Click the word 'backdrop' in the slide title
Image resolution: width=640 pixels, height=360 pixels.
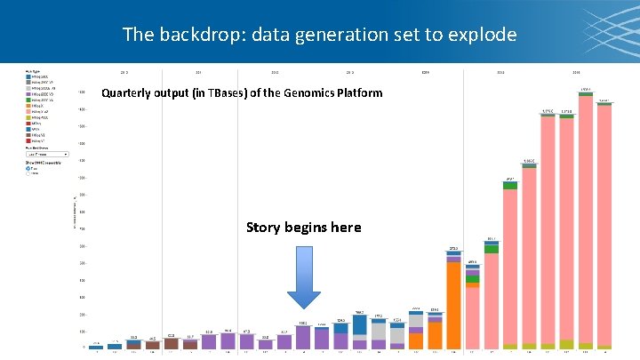click(193, 35)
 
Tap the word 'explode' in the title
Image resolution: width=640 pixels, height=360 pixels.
click(481, 35)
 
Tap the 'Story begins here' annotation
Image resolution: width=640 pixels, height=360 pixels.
click(303, 228)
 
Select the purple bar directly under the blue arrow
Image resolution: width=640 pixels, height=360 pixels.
click(303, 337)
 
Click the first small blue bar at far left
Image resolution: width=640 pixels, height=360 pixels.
click(95, 347)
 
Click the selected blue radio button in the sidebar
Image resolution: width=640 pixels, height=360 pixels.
click(28, 167)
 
